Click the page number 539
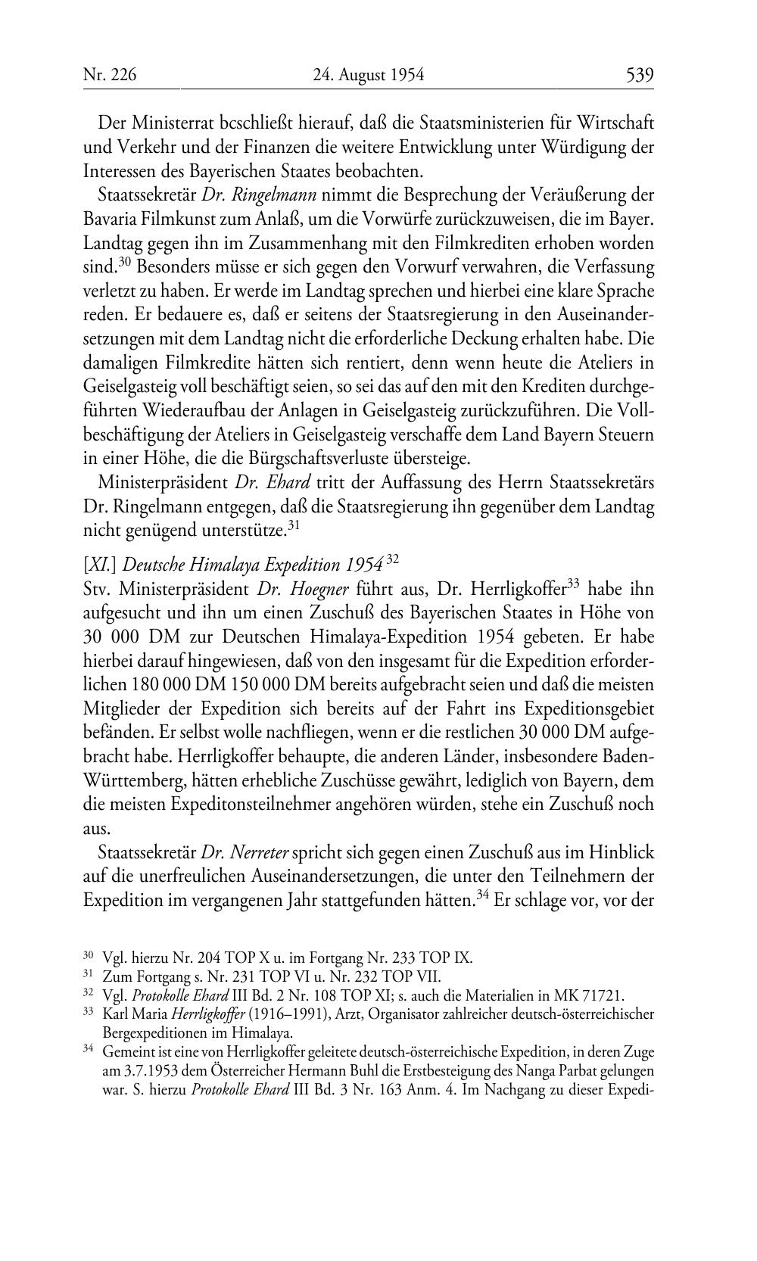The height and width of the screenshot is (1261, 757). tap(639, 75)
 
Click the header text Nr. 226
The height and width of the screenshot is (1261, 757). tap(110, 75)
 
